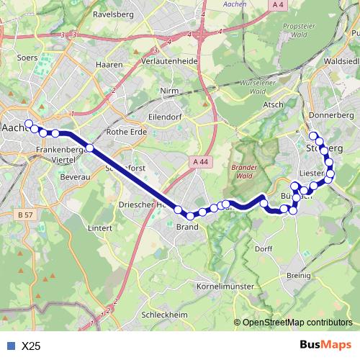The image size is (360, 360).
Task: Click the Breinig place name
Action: coord(297,275)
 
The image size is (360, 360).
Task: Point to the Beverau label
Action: coord(74,176)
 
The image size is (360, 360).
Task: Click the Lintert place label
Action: coord(100,228)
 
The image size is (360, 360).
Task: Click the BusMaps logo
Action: coord(325,345)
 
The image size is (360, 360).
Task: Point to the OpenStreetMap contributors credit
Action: coord(297,322)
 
